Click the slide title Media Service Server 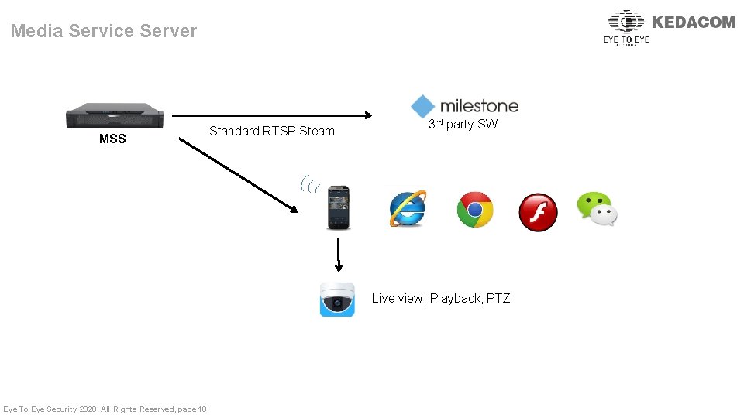point(104,31)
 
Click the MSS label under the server point(112,139)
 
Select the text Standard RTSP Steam point(272,131)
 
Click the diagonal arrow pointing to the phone point(237,176)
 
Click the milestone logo point(465,106)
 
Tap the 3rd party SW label point(463,124)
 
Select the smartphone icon point(338,207)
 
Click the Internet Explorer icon point(408,208)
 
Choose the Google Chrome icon point(474,210)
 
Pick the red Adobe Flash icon point(538,212)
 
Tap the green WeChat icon point(597,209)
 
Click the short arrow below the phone point(339,255)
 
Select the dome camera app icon point(338,299)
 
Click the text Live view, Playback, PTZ point(441,298)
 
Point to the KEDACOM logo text point(694,22)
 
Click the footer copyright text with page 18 point(105,409)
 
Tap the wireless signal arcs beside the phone point(310,184)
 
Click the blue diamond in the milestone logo point(423,106)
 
